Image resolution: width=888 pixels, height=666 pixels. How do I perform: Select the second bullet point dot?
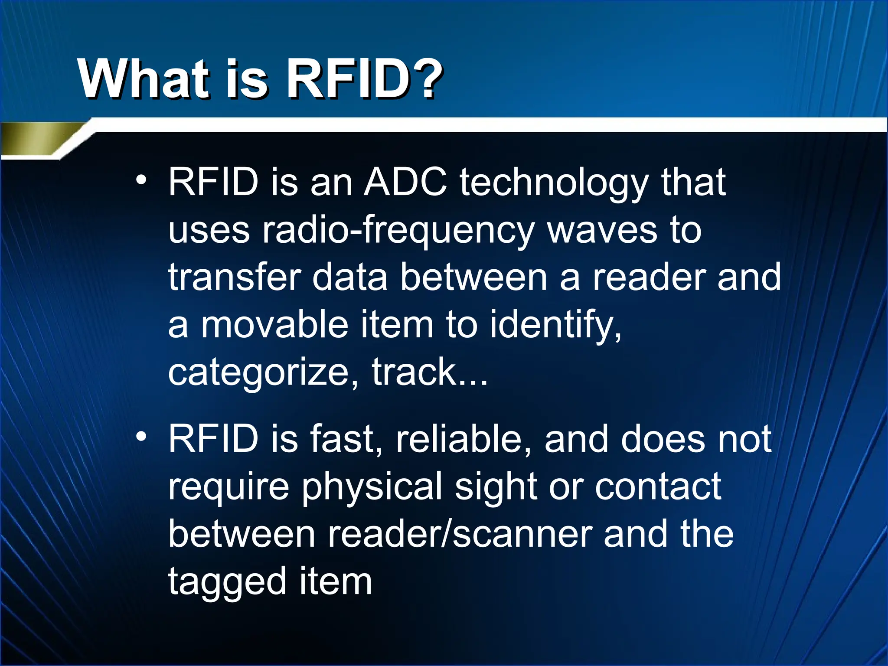[140, 437]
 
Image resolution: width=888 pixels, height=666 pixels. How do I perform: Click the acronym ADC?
[405, 182]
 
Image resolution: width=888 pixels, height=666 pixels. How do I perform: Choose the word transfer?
[235, 277]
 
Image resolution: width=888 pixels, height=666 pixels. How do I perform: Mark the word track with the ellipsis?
[429, 372]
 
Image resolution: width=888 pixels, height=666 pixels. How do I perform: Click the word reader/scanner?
[460, 534]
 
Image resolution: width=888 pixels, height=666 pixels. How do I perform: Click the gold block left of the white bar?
[39, 138]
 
